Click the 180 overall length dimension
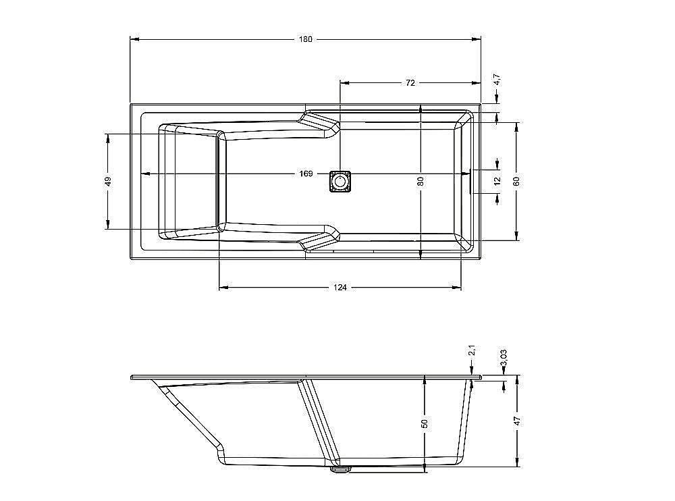pyautogui.click(x=306, y=39)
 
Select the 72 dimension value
pyautogui.click(x=410, y=82)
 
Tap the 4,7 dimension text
pyautogui.click(x=497, y=79)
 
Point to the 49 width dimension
pyautogui.click(x=107, y=181)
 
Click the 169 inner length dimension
pyautogui.click(x=306, y=174)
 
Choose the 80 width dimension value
pyautogui.click(x=421, y=181)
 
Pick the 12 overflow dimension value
pyautogui.click(x=497, y=181)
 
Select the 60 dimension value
pyautogui.click(x=517, y=181)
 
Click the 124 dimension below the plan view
pyautogui.click(x=340, y=288)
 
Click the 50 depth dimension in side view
pyautogui.click(x=425, y=423)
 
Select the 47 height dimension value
pyautogui.click(x=517, y=420)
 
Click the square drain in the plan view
pyautogui.click(x=340, y=182)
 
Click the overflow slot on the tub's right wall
pyautogui.click(x=470, y=181)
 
